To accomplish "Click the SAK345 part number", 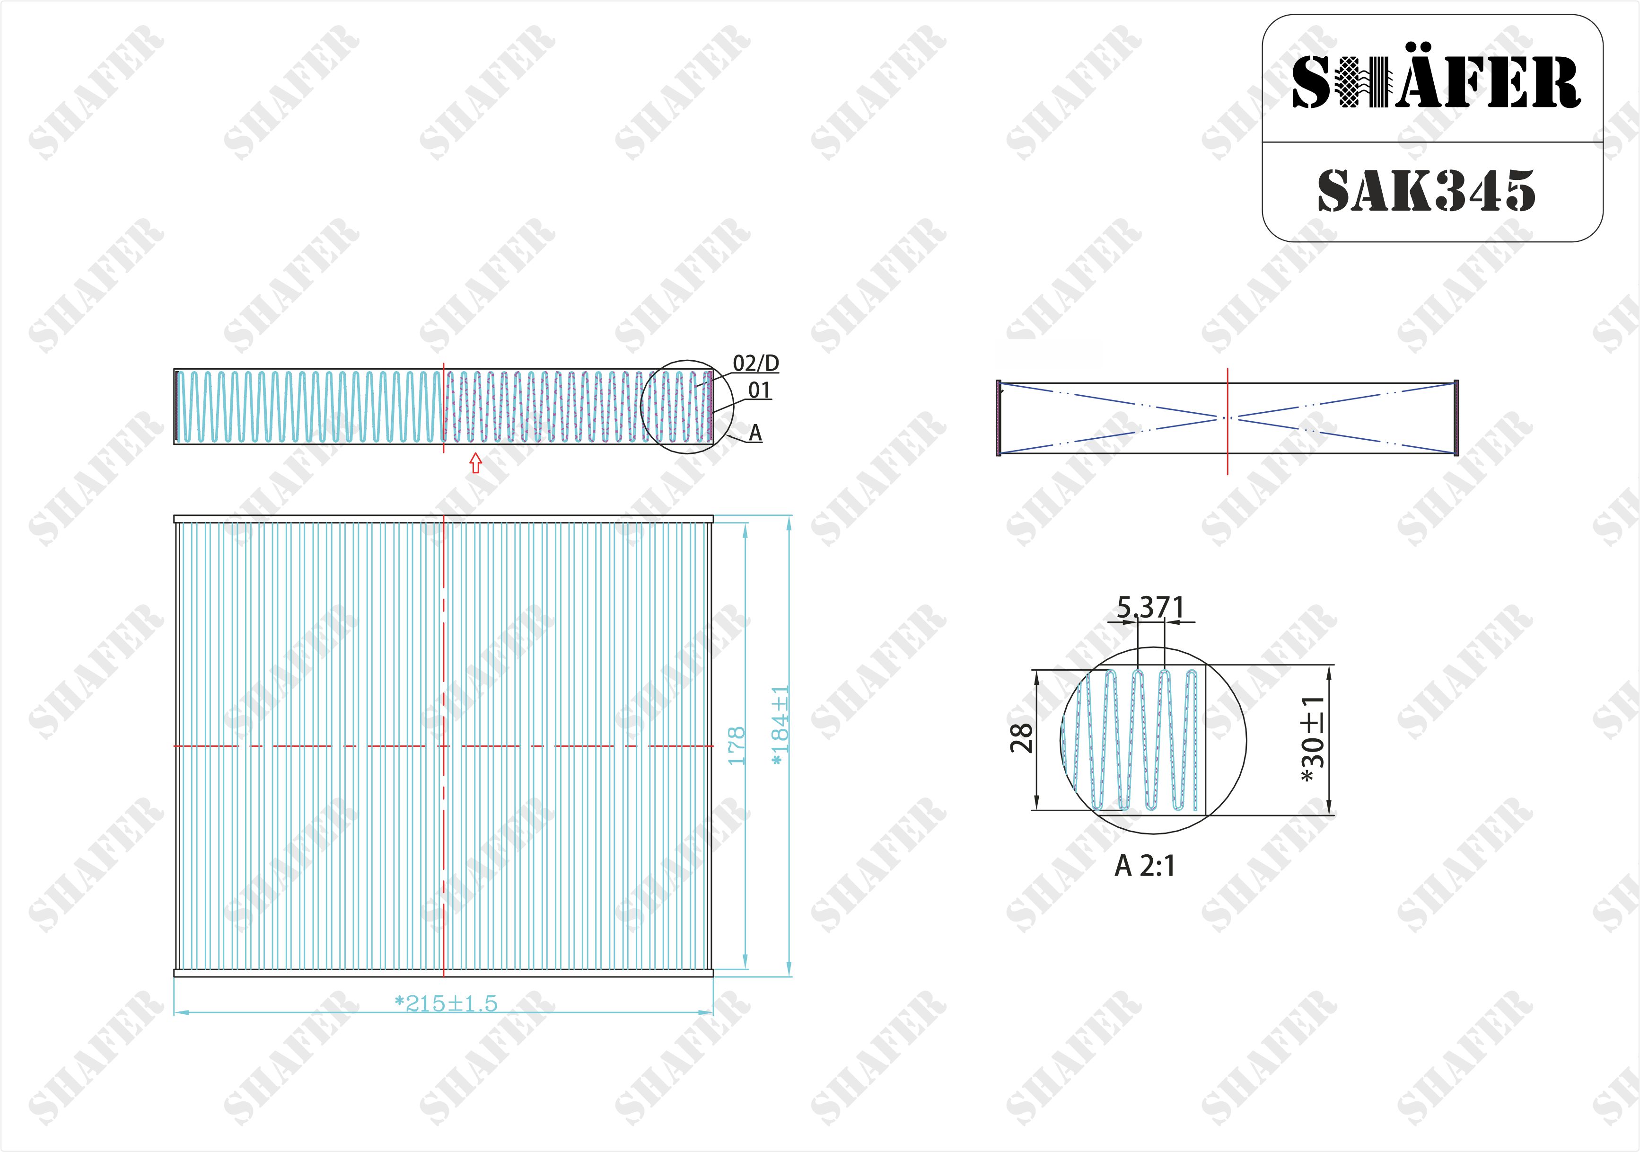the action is [1426, 191].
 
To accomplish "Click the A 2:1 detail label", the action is [1144, 866].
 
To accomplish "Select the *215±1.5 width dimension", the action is [446, 1003].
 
